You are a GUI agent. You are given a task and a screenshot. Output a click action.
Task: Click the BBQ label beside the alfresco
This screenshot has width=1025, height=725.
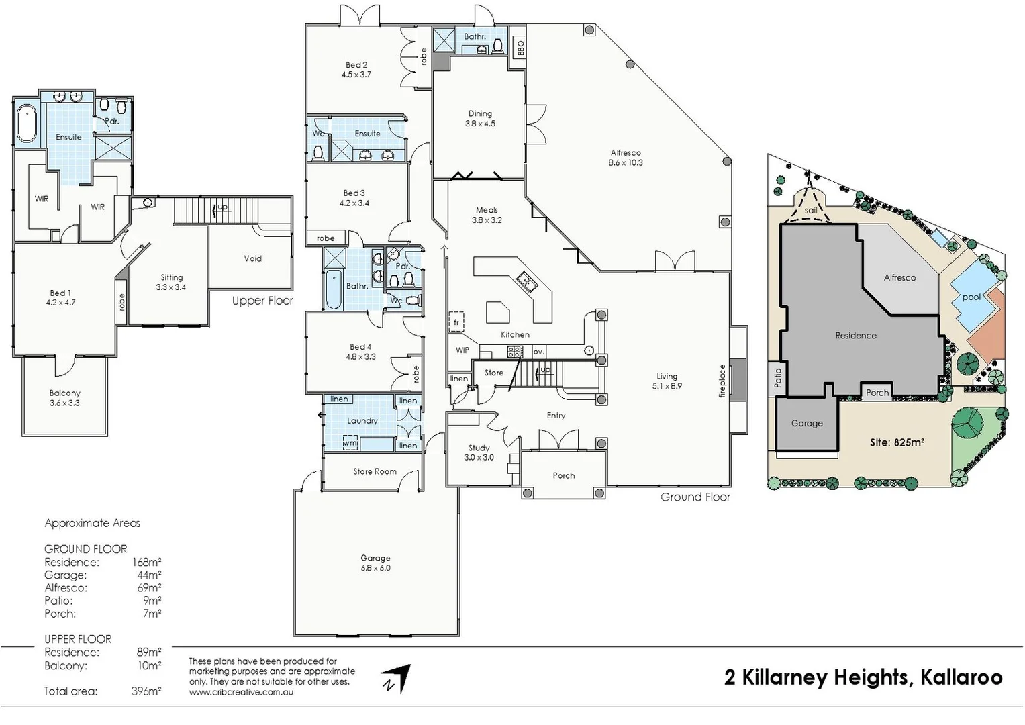tap(520, 47)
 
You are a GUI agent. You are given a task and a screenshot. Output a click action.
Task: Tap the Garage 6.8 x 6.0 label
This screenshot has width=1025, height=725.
tap(375, 563)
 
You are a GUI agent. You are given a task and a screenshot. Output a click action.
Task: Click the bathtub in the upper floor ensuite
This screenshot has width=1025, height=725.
tap(26, 124)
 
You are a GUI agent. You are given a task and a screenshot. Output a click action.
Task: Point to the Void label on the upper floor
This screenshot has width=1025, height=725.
tap(252, 258)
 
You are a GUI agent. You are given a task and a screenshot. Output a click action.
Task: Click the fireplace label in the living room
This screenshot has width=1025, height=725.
tap(723, 381)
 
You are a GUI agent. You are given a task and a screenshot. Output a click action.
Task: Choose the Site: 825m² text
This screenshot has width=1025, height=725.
tap(897, 442)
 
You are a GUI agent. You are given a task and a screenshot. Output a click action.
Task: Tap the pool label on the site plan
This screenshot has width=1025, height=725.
tap(971, 297)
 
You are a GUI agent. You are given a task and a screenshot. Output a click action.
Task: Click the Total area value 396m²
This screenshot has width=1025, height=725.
tap(146, 691)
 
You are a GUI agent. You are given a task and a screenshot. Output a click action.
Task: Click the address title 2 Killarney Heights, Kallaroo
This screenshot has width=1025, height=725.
tap(863, 677)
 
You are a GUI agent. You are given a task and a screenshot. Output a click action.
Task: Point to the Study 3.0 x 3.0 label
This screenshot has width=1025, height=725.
tap(479, 452)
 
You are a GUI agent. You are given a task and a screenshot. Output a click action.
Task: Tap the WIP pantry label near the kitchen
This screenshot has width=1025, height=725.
tap(462, 350)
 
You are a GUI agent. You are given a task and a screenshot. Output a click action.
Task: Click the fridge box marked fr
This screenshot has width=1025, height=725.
tap(456, 322)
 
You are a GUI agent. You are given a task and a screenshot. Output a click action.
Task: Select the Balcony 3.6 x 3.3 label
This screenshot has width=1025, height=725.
tap(64, 398)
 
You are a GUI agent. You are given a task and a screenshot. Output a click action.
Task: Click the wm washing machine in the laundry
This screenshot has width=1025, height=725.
tap(350, 443)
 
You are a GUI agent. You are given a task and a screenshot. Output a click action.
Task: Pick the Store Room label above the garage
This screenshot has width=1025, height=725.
tap(375, 471)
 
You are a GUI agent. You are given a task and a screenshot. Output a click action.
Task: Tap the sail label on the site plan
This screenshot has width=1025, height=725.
tap(811, 211)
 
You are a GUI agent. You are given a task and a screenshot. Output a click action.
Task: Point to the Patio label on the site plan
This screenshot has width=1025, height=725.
tap(778, 377)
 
